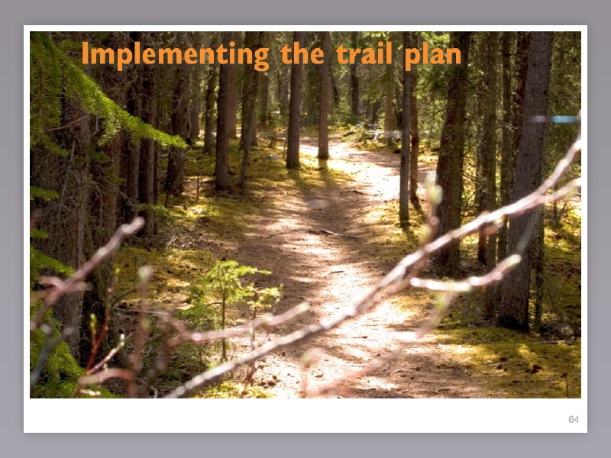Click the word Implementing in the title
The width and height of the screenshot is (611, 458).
(175, 56)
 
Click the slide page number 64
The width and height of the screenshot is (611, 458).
(574, 420)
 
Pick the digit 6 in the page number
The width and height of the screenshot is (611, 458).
(571, 420)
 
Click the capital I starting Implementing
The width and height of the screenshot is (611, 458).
(86, 54)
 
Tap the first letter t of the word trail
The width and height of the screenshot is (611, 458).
(341, 54)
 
